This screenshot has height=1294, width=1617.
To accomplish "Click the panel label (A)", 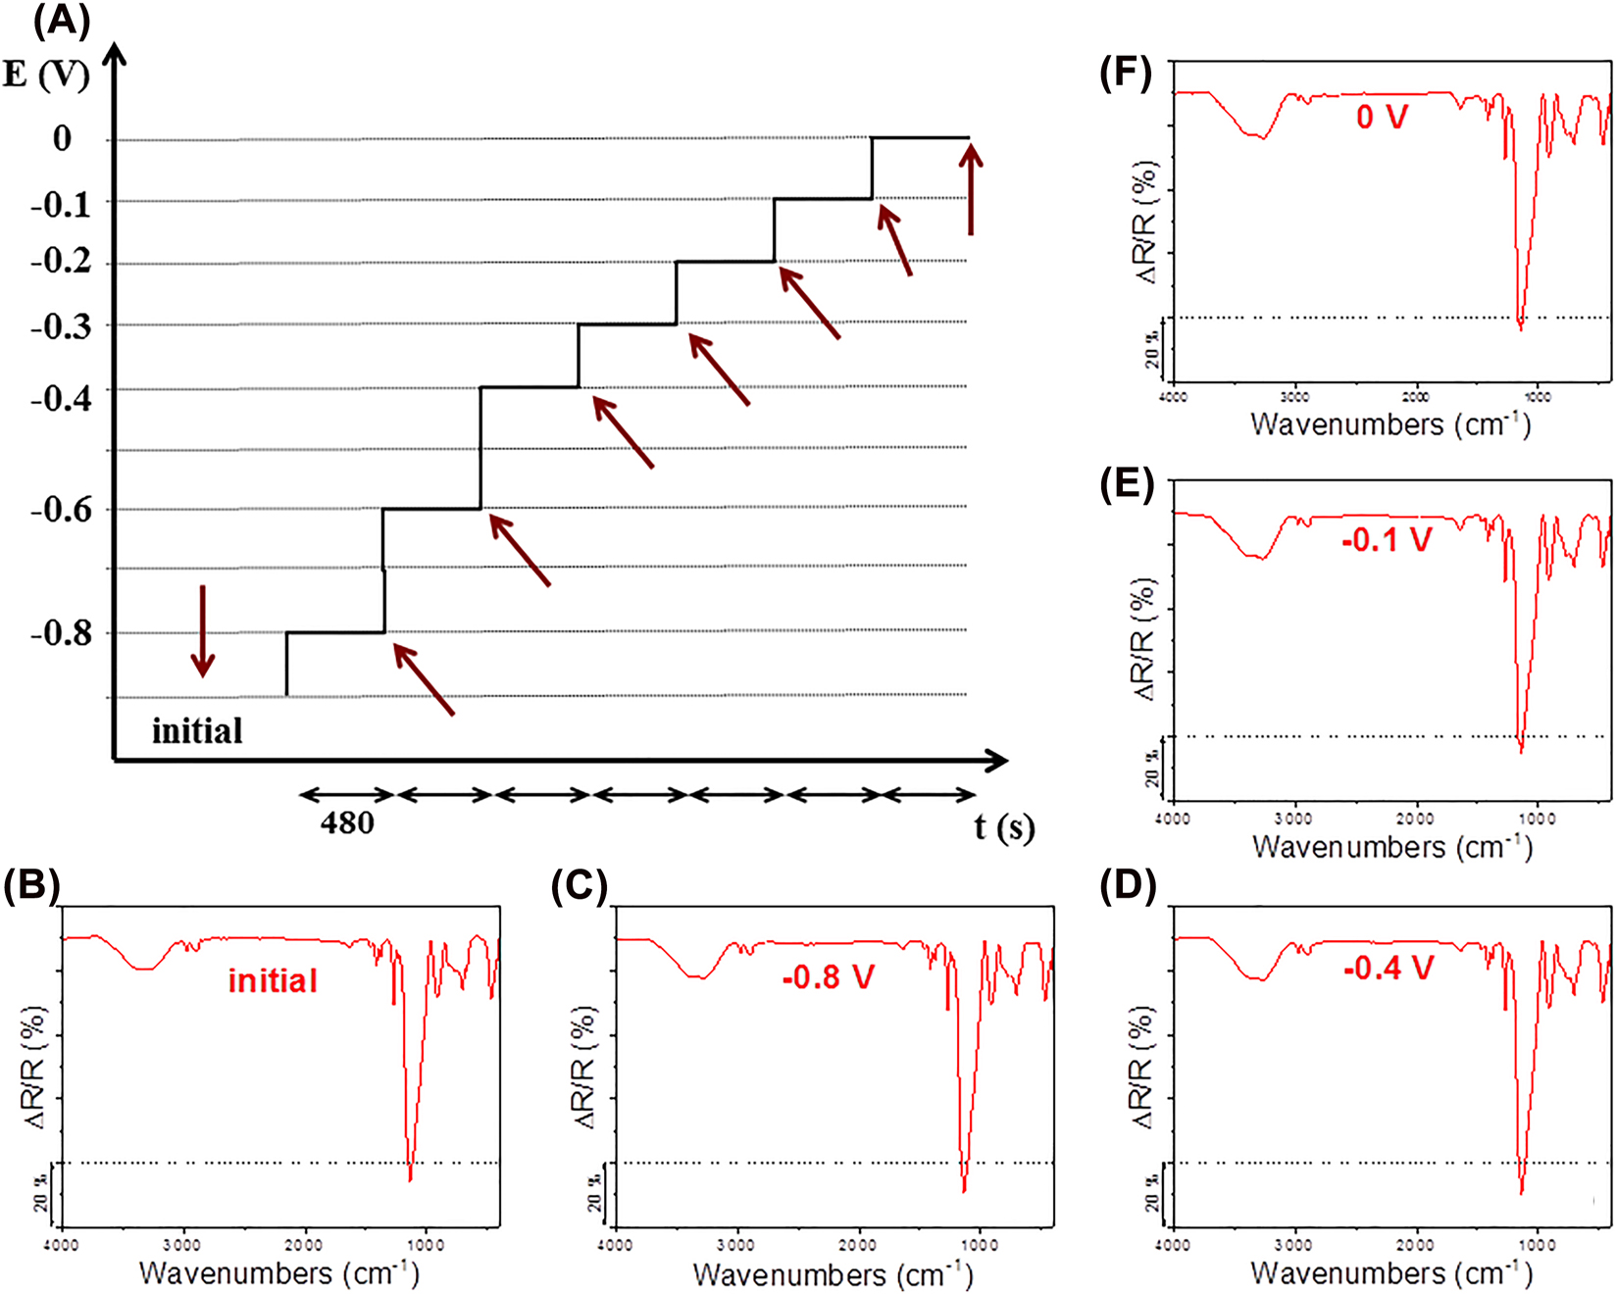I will (x=62, y=20).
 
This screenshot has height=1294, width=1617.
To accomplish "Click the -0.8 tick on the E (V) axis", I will (x=61, y=633).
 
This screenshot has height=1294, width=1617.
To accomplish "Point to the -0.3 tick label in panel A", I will (x=61, y=326).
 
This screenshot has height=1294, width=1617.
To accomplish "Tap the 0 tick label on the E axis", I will (x=62, y=138).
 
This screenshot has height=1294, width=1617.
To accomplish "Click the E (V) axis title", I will (x=46, y=75).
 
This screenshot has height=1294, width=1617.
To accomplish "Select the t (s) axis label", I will (x=1004, y=826).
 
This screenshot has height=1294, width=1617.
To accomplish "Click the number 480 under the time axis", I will (x=347, y=822).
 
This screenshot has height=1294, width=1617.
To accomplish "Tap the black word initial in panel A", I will (x=197, y=731).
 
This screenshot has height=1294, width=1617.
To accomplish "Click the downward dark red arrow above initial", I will (x=202, y=631).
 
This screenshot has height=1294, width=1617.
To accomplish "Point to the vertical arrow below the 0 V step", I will (x=971, y=190).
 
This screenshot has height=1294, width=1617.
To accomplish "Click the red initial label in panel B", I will (x=273, y=980).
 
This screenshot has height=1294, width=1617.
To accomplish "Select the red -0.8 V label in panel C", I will (x=828, y=977).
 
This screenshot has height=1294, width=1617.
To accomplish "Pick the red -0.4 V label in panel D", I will (x=1388, y=969).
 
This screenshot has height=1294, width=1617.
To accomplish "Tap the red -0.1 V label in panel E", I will (x=1387, y=539).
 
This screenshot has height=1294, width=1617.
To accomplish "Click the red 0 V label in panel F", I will (x=1382, y=118).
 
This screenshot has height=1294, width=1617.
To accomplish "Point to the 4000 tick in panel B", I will (x=63, y=1245).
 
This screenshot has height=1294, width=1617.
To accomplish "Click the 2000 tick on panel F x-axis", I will (x=1415, y=397).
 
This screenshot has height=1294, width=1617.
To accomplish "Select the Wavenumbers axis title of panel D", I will (x=1390, y=1273).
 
